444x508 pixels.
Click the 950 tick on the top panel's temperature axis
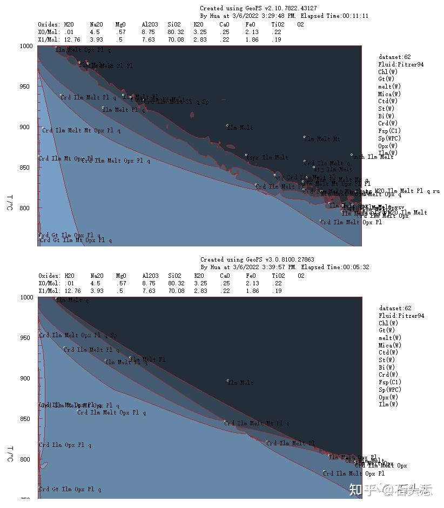click(x=26, y=86)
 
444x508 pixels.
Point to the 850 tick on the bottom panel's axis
click(x=26, y=419)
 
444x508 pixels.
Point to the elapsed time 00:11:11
click(x=355, y=16)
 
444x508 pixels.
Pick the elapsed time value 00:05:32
click(x=355, y=267)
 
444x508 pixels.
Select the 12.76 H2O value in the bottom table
click(x=72, y=291)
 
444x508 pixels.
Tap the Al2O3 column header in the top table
click(x=149, y=24)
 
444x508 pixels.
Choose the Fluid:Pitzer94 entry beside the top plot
click(x=401, y=64)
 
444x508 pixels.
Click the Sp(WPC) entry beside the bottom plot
click(x=389, y=390)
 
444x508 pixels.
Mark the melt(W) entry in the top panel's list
click(x=389, y=86)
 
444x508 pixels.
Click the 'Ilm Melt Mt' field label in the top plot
click(x=324, y=139)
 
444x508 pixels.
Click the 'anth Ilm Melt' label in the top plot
click(x=373, y=157)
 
